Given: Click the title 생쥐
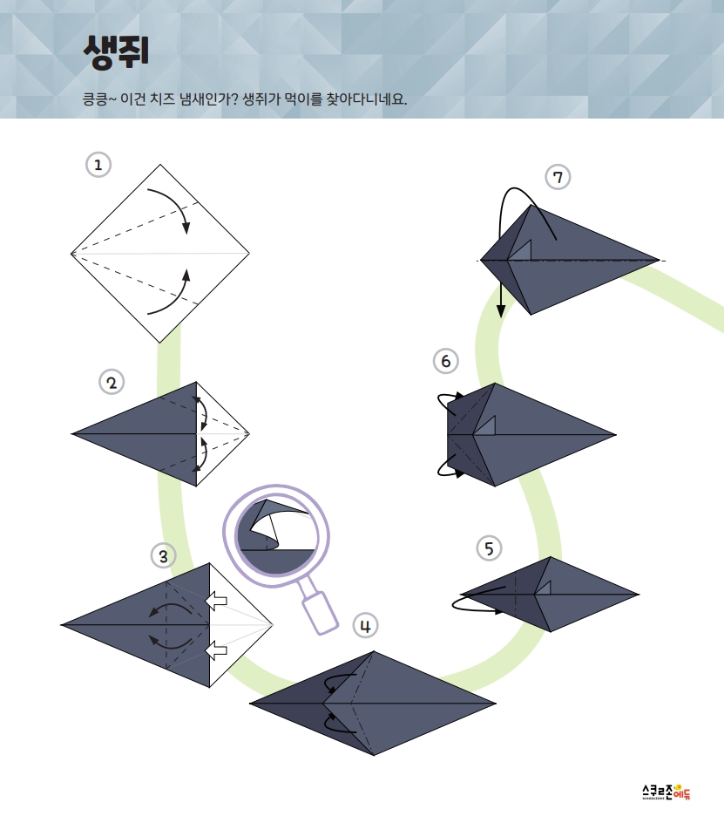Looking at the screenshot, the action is pyautogui.click(x=116, y=52).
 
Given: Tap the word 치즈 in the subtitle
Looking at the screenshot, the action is pyautogui.click(x=162, y=99).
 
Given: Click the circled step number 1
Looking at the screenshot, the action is pyautogui.click(x=98, y=165).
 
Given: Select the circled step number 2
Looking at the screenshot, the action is pyautogui.click(x=112, y=383).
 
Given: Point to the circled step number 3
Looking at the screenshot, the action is pyautogui.click(x=163, y=556).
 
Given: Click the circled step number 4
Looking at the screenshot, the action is pyautogui.click(x=365, y=626).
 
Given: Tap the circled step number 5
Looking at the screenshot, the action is pyautogui.click(x=489, y=548).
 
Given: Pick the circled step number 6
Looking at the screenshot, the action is pyautogui.click(x=446, y=361).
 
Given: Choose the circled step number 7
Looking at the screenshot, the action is pyautogui.click(x=558, y=177).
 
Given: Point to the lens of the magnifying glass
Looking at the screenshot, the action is pyautogui.click(x=276, y=535).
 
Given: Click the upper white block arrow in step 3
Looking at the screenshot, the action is pyautogui.click(x=216, y=601).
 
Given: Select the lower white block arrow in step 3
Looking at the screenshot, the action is pyautogui.click(x=216, y=650).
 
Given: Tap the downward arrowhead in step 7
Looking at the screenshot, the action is pyautogui.click(x=501, y=310).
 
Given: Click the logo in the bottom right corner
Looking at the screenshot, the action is pyautogui.click(x=666, y=792).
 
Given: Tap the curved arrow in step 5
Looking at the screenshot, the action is pyautogui.click(x=475, y=603).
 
